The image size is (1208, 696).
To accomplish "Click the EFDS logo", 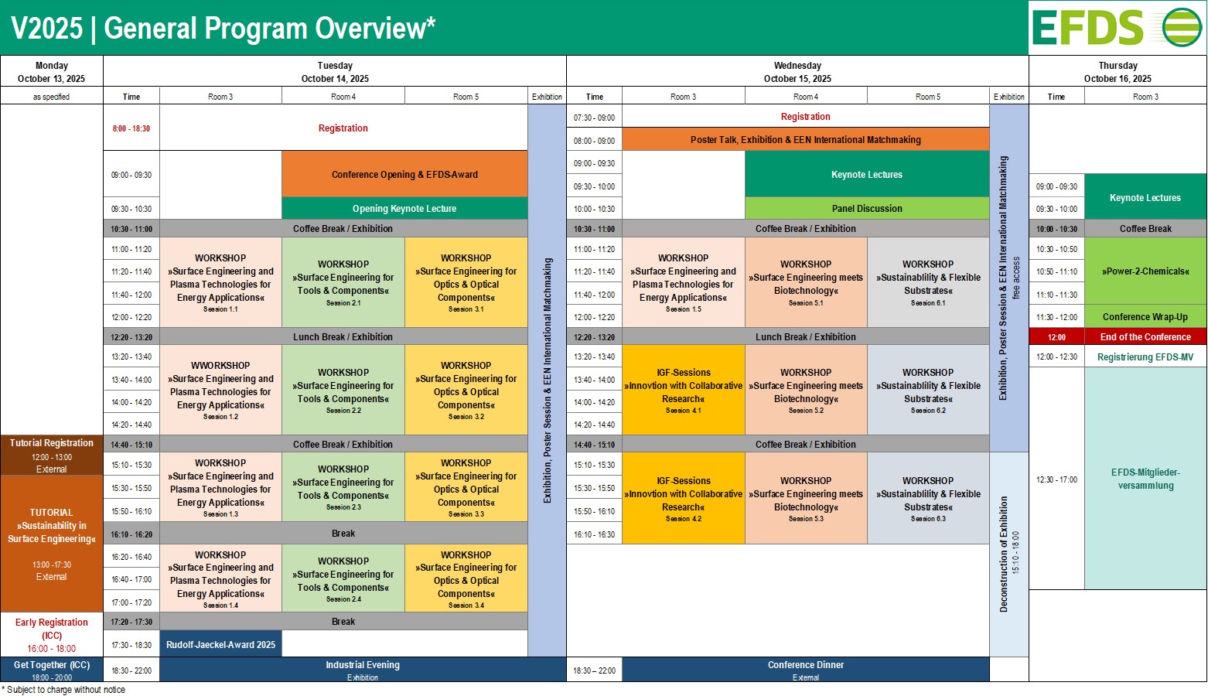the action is click(1117, 28).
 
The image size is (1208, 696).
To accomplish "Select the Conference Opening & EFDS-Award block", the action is click(404, 174).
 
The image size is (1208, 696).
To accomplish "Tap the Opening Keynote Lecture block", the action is click(404, 208).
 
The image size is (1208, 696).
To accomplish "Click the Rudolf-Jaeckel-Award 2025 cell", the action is click(220, 644).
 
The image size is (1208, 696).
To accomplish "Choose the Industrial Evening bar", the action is click(363, 670).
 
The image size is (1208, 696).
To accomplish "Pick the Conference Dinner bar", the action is click(806, 670).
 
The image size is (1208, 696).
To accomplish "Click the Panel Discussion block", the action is click(867, 208).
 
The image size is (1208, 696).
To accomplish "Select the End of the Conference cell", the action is click(1145, 337).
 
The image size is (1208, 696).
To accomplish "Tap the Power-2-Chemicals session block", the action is click(1145, 271).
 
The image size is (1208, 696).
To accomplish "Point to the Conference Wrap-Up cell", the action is click(1145, 316).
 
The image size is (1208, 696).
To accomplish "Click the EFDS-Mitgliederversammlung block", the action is click(1145, 478).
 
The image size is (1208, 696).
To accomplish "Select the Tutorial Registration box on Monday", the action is click(51, 455).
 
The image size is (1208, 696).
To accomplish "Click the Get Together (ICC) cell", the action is click(51, 670).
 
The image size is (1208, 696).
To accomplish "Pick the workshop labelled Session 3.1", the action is click(466, 282).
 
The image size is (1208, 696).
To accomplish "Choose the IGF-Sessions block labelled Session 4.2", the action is click(684, 497).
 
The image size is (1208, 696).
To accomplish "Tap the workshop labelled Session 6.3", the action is click(928, 497).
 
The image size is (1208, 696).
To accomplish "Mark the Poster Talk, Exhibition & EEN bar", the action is click(806, 140).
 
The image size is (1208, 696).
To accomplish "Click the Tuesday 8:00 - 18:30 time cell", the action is click(131, 128).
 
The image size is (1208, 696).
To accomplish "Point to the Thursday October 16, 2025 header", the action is click(1118, 72).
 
